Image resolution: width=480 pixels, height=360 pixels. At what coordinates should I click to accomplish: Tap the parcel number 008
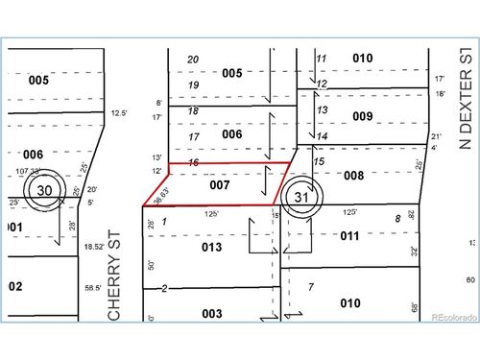point(354,176)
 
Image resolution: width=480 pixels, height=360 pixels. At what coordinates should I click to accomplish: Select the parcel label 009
point(362,116)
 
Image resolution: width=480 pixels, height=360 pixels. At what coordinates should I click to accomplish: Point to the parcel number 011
point(349,235)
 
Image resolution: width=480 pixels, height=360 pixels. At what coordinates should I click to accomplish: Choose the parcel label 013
point(211,247)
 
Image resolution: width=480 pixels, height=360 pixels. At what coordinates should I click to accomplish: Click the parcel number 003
point(212,313)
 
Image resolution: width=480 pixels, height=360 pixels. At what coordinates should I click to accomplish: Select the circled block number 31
point(303,197)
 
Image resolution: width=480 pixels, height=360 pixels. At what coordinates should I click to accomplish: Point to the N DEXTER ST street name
point(466,100)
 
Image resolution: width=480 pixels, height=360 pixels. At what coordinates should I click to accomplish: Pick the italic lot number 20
point(193,60)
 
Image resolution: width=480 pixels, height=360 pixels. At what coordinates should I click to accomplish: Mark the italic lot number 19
point(193,85)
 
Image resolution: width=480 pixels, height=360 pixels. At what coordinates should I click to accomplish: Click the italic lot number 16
point(193,163)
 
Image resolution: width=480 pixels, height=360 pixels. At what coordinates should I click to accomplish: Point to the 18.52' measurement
point(92,247)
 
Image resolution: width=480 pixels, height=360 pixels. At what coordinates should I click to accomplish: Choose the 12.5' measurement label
point(119,112)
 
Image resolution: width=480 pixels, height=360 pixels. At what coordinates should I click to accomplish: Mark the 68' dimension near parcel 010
point(415,307)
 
